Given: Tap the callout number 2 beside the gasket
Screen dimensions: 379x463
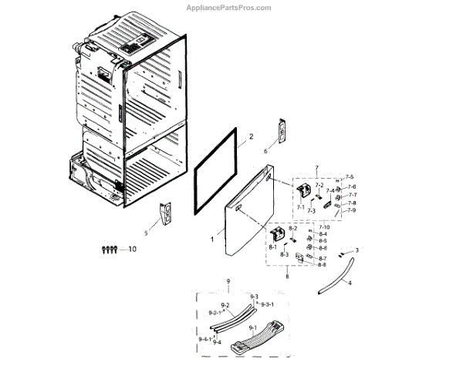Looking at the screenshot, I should [x=251, y=138].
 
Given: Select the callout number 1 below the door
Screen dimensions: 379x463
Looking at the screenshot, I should [x=213, y=240].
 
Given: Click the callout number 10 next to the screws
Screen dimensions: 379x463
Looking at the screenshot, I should [x=132, y=249].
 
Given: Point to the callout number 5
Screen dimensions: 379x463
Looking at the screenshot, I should [x=145, y=233].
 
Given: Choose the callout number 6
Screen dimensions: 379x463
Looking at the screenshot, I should [x=265, y=152].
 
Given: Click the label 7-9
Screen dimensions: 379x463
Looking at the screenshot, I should [x=350, y=210].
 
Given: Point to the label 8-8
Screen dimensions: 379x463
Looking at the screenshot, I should [x=322, y=265].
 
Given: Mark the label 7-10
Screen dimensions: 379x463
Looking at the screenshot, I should [x=324, y=227].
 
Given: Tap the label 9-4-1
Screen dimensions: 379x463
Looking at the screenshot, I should [x=204, y=339].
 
